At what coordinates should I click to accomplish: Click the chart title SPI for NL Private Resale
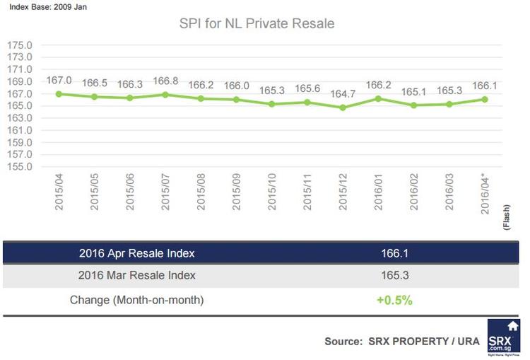(257, 24)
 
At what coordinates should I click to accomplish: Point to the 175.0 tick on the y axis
(20, 45)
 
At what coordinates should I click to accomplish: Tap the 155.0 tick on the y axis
(20, 166)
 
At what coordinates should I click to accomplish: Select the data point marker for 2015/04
(59, 93)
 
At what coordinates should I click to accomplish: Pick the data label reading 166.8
(165, 81)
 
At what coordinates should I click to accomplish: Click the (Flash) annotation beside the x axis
(506, 215)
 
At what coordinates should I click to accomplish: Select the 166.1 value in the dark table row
(394, 252)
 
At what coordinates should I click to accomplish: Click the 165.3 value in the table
(394, 275)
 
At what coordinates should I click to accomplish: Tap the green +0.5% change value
(394, 300)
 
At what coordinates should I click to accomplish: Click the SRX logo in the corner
(503, 337)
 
